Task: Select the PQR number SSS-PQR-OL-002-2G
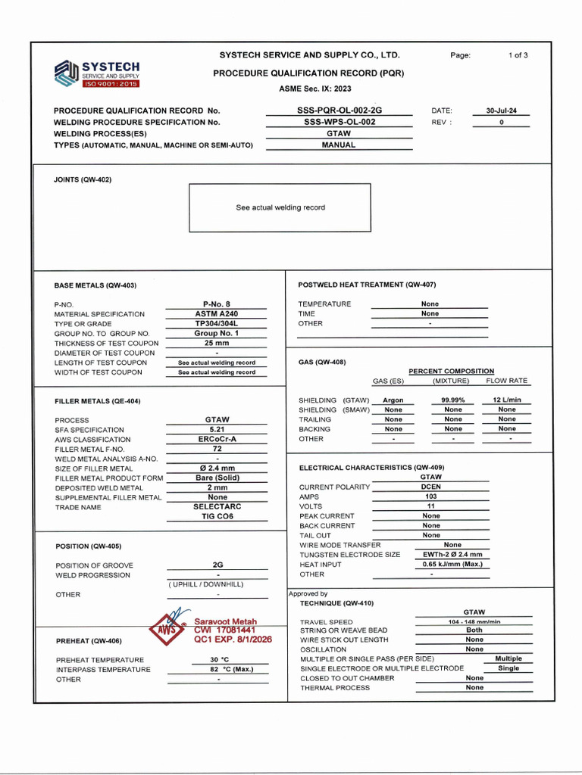click(339, 110)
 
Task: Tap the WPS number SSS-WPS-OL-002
click(339, 122)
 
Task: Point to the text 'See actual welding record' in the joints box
click(280, 207)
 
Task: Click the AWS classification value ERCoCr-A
click(217, 439)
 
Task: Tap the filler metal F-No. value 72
click(217, 449)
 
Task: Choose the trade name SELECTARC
click(217, 507)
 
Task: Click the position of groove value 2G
click(217, 565)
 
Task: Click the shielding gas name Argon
click(393, 400)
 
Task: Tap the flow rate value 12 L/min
click(507, 400)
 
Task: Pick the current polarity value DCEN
click(431, 487)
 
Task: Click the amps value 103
click(431, 497)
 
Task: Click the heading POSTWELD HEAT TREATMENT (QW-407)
click(367, 285)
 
